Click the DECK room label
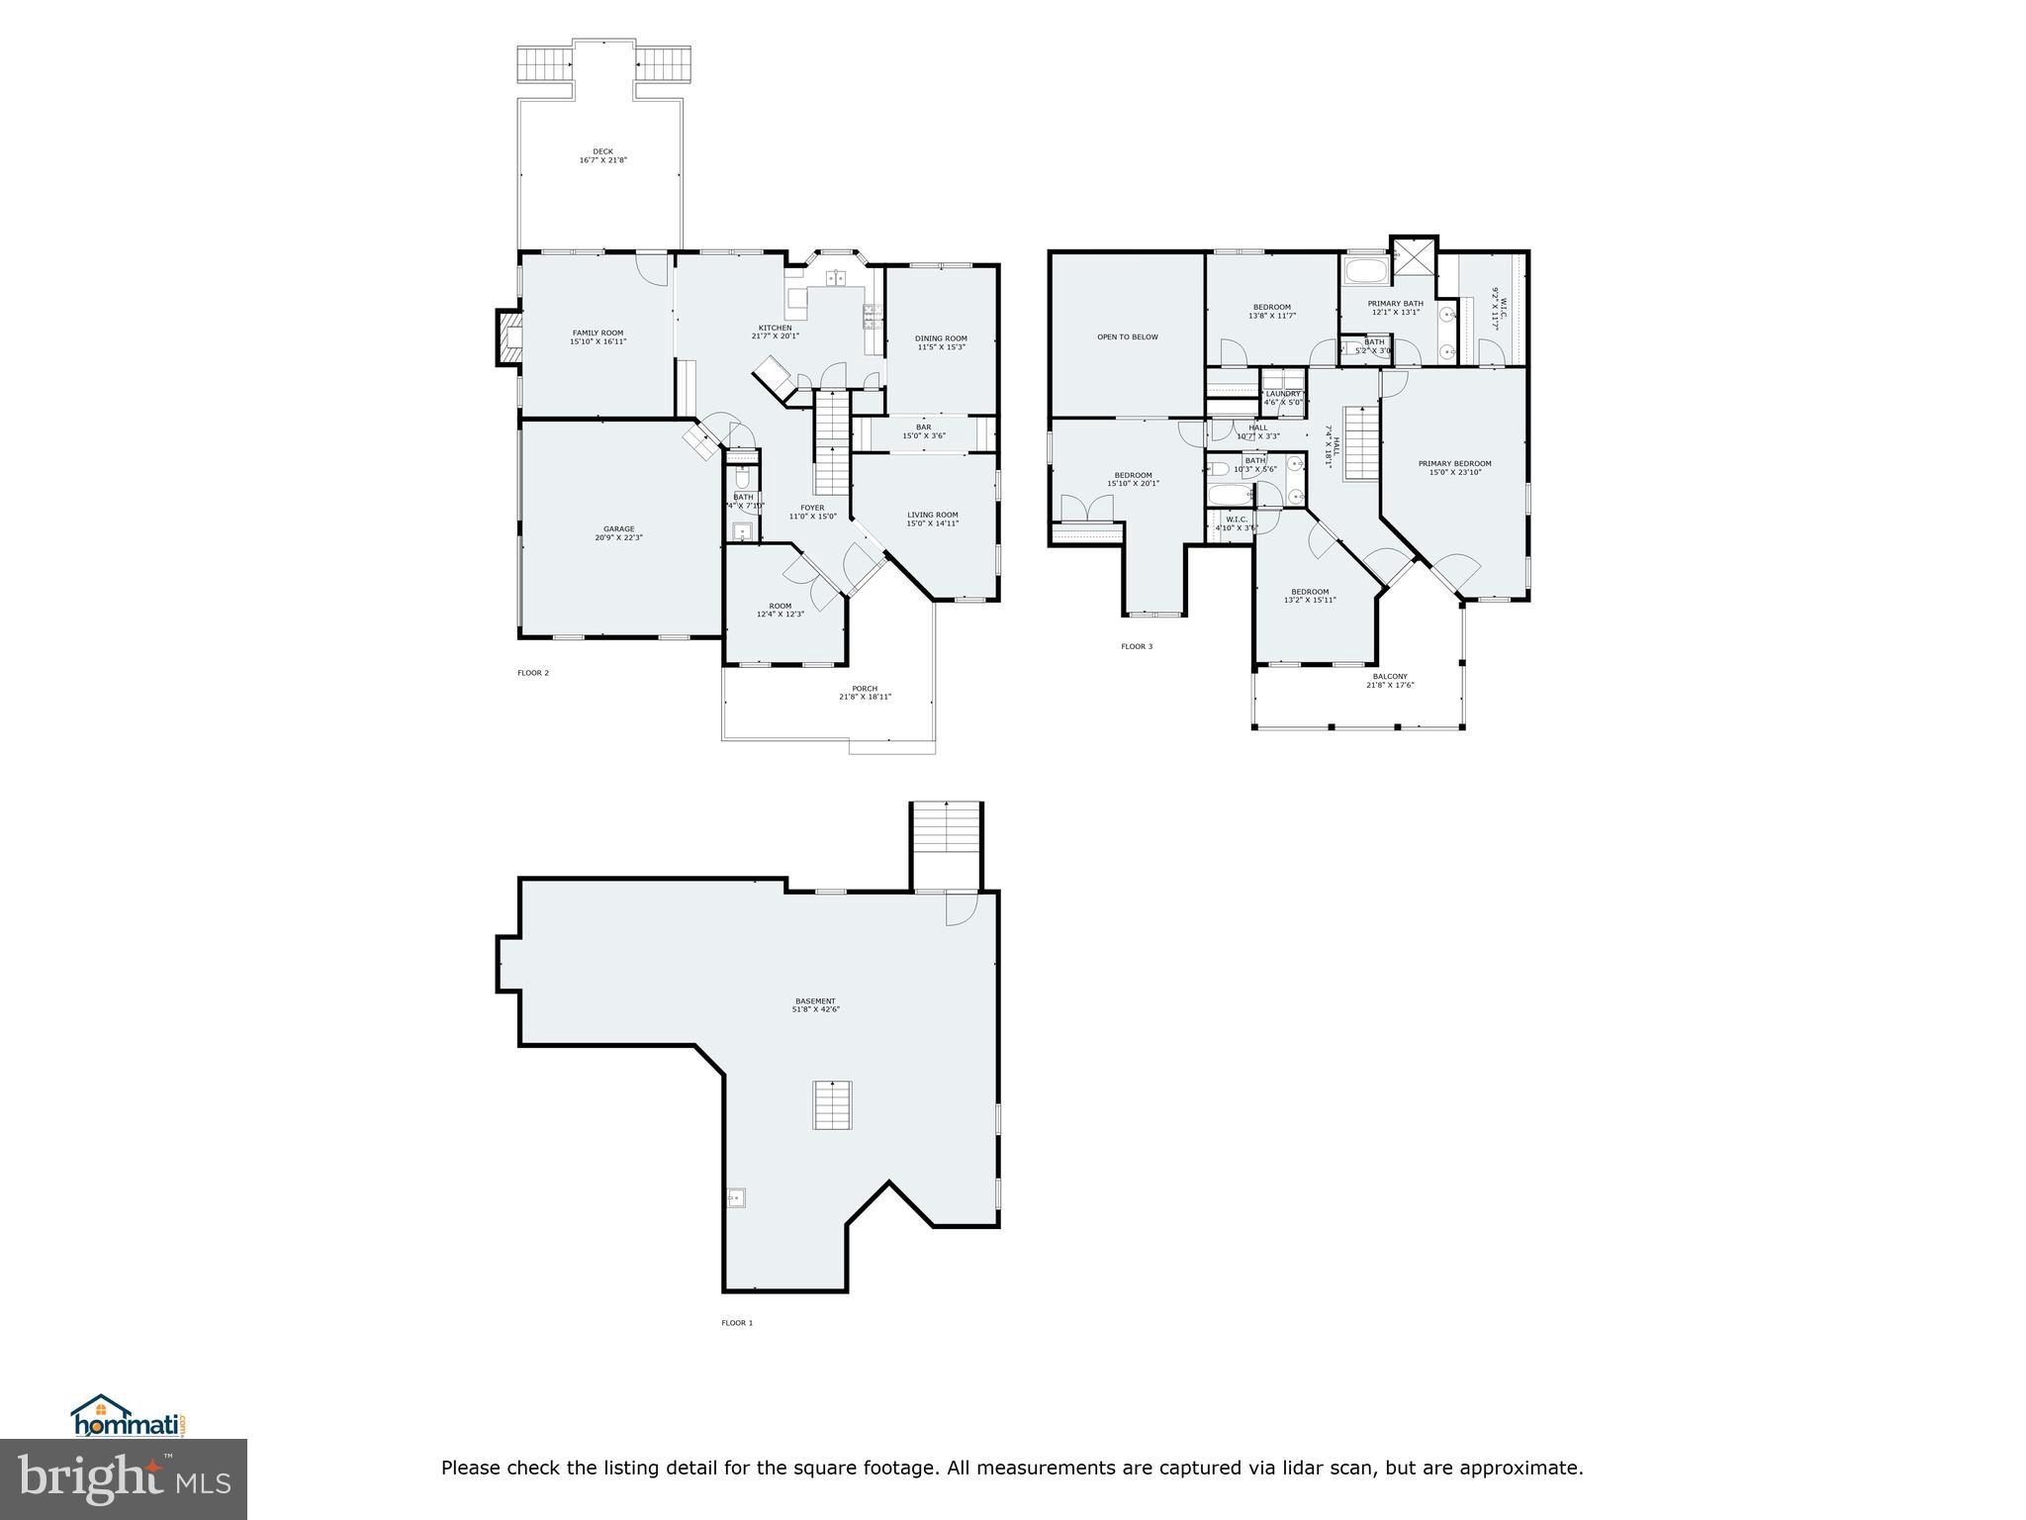click(602, 152)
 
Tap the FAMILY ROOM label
click(598, 333)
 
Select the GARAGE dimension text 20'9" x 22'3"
click(619, 538)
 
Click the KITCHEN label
click(775, 329)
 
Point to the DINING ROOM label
click(941, 338)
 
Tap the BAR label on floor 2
click(923, 427)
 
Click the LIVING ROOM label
click(933, 515)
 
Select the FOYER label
click(812, 508)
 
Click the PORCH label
click(865, 689)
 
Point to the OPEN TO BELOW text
click(1127, 337)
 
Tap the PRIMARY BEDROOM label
click(1454, 463)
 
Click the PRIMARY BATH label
click(1395, 304)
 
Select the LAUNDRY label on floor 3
click(1283, 394)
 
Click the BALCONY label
click(1390, 677)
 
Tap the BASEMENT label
click(814, 1001)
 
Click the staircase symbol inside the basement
click(833, 1105)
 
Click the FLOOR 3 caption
click(1136, 647)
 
